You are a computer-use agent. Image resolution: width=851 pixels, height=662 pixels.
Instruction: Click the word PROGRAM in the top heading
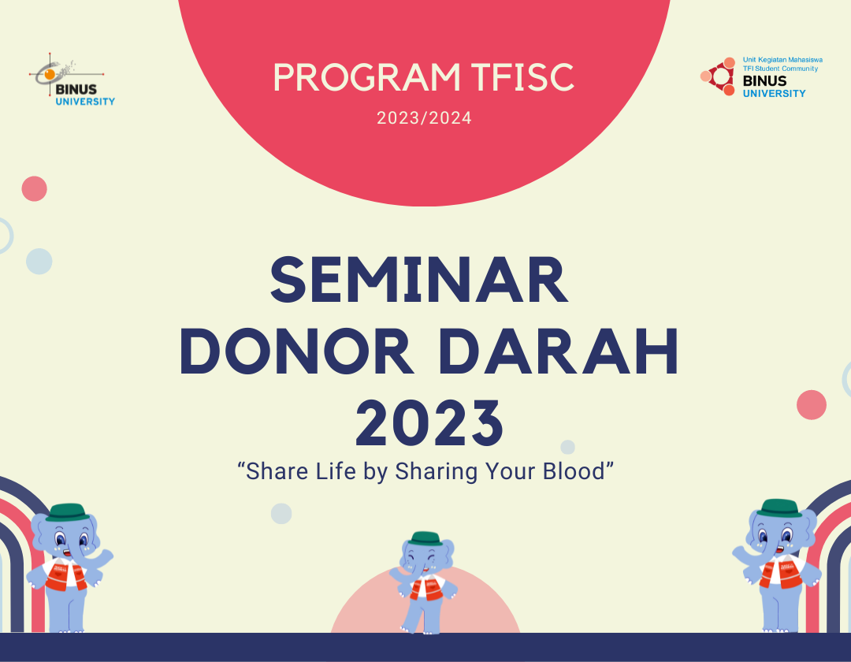[x=366, y=77]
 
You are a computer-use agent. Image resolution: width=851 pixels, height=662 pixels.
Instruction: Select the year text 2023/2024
[x=424, y=119]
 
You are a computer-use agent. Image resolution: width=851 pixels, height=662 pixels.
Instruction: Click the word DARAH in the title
[x=558, y=354]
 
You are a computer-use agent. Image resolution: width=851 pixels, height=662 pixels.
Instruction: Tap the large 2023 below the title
[x=429, y=423]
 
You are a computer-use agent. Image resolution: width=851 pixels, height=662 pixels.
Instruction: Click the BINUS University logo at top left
[x=72, y=83]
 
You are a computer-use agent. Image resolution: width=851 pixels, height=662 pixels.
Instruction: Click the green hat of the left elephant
[x=64, y=512]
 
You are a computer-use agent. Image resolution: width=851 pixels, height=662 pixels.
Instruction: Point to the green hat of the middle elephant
[x=425, y=538]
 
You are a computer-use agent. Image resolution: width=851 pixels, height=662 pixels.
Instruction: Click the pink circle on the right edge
[x=811, y=405]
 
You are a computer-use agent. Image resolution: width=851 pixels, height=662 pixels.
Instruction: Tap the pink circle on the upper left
[x=34, y=188]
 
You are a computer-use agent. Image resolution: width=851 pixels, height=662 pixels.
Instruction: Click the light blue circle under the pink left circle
[x=39, y=261]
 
